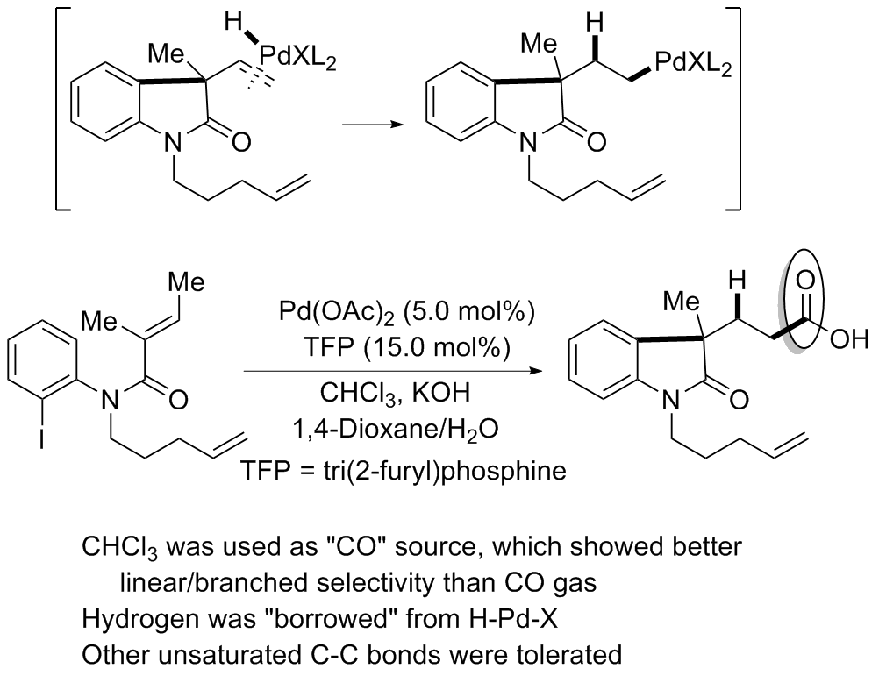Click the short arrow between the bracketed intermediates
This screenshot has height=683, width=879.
373,124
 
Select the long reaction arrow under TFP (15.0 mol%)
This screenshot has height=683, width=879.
393,371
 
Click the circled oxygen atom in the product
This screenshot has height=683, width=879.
805,281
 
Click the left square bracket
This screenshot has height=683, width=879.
62,109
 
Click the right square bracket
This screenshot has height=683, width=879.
733,109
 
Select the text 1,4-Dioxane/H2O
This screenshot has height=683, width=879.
396,431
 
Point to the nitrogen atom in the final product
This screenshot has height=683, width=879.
671,400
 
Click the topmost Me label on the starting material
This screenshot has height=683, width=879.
187,282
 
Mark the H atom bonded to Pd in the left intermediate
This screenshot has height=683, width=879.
232,23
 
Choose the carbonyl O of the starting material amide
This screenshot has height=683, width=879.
177,400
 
